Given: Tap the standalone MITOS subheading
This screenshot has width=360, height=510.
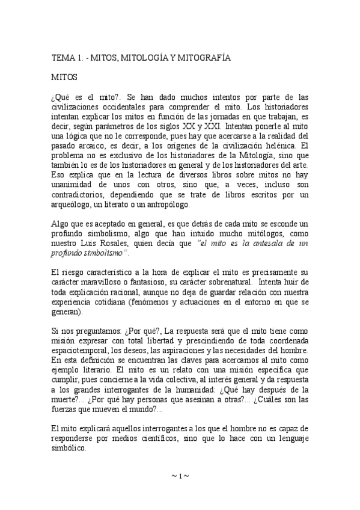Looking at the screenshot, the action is (63, 78).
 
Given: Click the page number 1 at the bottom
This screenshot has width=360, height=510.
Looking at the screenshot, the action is (180, 476).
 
